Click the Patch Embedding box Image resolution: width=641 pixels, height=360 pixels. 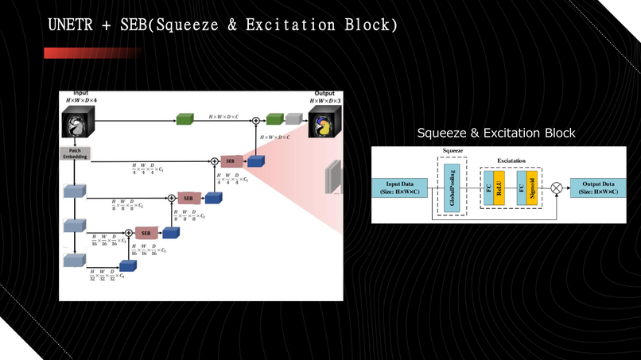click(76, 153)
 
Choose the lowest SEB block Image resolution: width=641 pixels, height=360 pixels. click(146, 233)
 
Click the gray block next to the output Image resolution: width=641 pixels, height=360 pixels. click(294, 119)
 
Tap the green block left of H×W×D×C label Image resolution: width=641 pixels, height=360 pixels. click(185, 119)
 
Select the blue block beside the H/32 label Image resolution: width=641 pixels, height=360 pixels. click(127, 266)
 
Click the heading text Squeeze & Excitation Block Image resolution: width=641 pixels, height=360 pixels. click(496, 133)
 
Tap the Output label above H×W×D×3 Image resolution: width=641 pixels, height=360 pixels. click(324, 94)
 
